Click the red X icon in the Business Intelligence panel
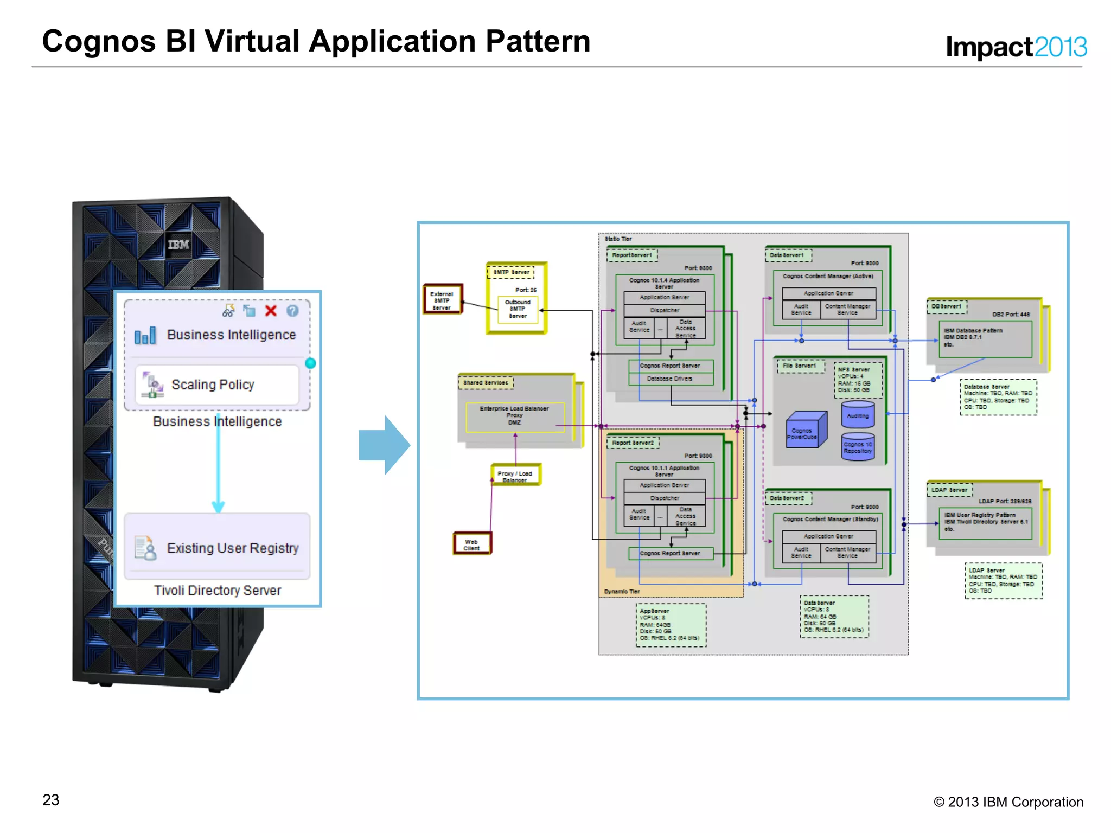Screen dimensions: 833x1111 (271, 311)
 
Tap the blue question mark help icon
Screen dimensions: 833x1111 (292, 311)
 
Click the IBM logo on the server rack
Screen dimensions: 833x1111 (178, 245)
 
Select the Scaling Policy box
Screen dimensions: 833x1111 (217, 385)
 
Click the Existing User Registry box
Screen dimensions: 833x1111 (217, 547)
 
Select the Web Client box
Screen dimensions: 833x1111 (471, 544)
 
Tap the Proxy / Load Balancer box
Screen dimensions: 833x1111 (515, 475)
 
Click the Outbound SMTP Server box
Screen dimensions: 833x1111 (518, 309)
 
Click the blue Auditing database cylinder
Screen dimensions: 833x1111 (858, 414)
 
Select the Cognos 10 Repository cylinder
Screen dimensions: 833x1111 (858, 446)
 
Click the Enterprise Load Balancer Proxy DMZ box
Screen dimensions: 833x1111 (514, 416)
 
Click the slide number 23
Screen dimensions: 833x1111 (51, 800)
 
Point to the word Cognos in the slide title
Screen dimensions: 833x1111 (99, 41)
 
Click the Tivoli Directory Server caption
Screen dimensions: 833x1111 (217, 590)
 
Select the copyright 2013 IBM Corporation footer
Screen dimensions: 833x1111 (1008, 802)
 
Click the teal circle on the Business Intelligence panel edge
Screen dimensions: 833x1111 (310, 363)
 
